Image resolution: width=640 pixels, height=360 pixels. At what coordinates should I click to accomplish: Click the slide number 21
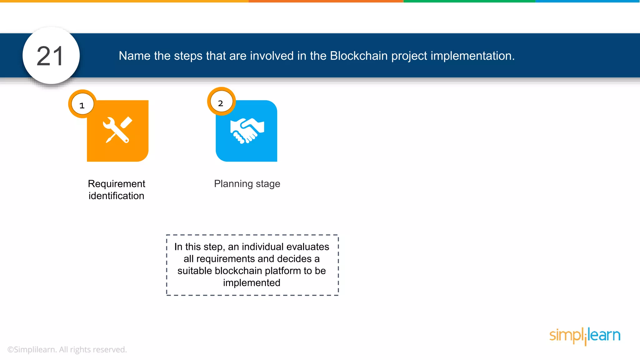[x=50, y=56]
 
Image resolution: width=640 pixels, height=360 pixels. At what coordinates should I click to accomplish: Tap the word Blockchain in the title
[x=359, y=56]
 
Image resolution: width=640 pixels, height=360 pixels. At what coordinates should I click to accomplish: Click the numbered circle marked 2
[x=221, y=103]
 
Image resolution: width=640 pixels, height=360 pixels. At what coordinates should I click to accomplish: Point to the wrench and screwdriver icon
[x=117, y=130]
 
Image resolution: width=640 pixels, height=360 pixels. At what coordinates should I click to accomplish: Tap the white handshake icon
[x=247, y=130]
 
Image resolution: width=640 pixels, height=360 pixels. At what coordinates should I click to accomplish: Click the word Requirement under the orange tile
[x=116, y=184]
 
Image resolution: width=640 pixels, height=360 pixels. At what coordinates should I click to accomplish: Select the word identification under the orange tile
[x=116, y=196]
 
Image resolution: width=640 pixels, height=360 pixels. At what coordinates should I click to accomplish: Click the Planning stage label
[x=247, y=184]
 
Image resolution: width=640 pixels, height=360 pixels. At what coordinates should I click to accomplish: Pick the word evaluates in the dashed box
[x=307, y=247]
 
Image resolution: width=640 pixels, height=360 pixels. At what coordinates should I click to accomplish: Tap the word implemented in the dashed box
[x=252, y=283]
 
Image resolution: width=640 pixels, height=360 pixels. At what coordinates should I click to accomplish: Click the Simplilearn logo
[x=585, y=336]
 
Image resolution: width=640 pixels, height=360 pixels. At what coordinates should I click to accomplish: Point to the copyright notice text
[x=67, y=350]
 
